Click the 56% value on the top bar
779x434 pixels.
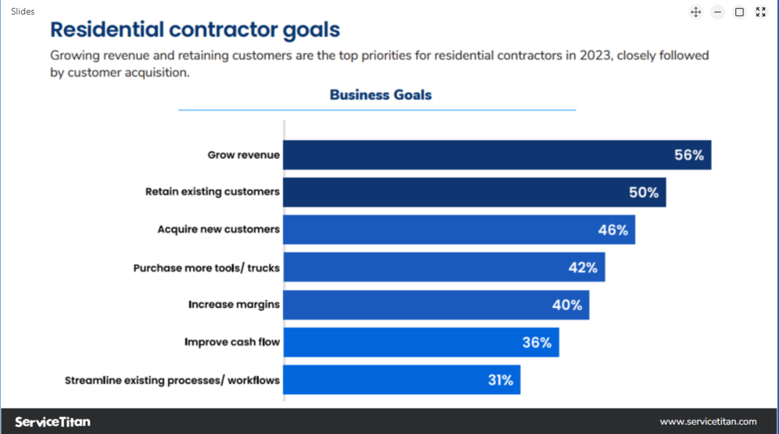pos(689,156)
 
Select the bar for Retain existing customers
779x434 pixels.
pos(474,192)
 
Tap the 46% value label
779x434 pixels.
pos(613,230)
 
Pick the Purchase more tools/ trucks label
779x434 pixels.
pos(206,268)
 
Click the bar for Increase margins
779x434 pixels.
pos(436,305)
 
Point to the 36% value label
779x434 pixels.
pos(537,342)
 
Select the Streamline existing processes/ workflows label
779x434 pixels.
pos(172,380)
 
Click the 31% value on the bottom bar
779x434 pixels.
pos(500,380)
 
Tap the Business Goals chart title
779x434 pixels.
pos(380,95)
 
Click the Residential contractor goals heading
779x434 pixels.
pos(195,30)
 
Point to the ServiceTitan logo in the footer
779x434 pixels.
pos(53,421)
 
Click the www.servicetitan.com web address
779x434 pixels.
pos(708,421)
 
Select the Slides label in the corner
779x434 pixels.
pos(23,11)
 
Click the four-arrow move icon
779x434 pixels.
pos(695,12)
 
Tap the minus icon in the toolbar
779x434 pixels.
pos(718,12)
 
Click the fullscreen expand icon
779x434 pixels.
pos(761,12)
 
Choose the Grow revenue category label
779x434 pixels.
pos(244,155)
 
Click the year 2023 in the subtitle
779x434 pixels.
pos(595,55)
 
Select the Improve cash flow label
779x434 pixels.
pos(232,342)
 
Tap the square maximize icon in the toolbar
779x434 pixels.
pos(739,12)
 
